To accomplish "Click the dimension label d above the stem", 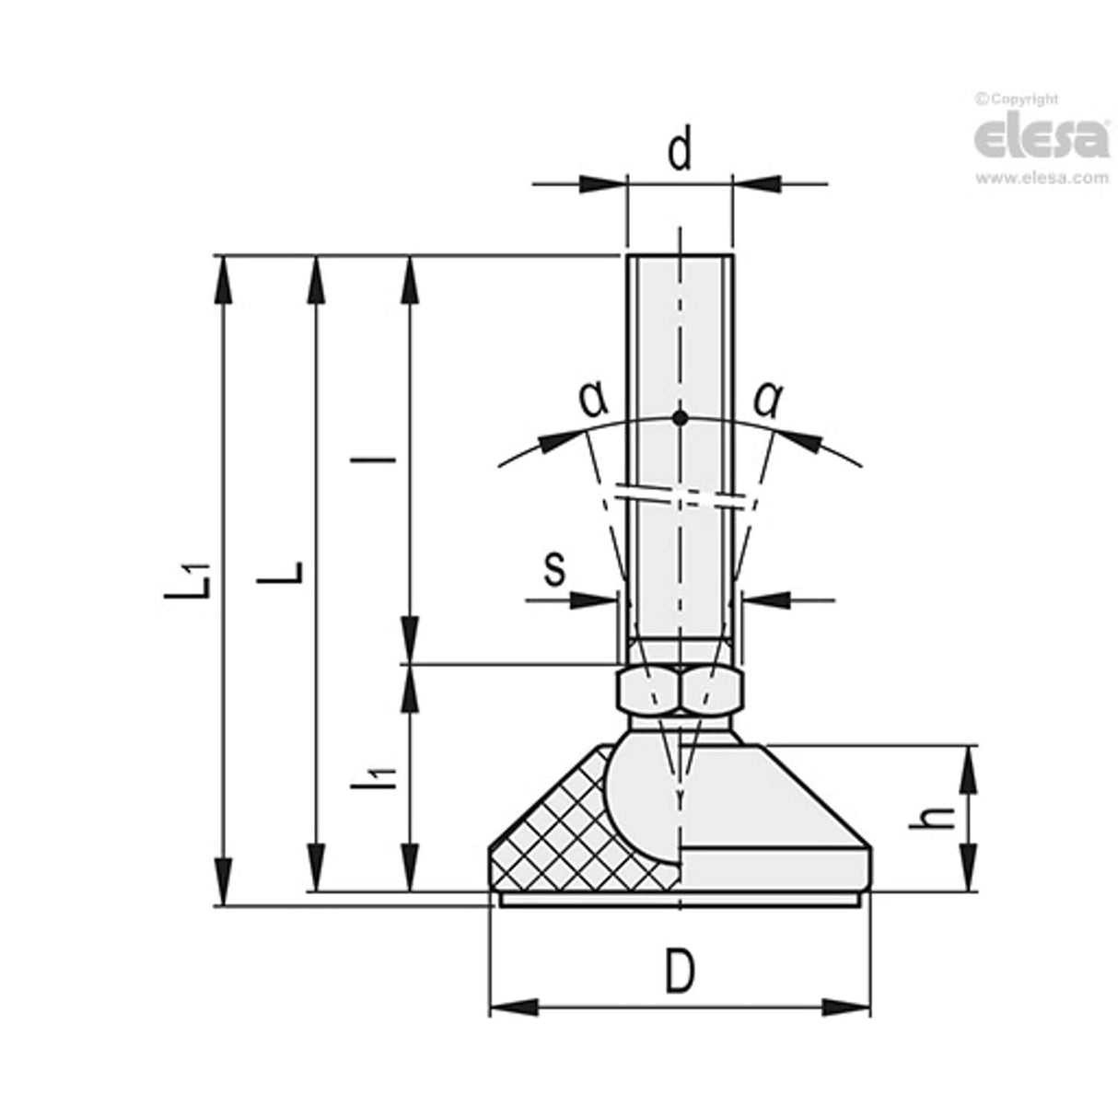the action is [680, 152].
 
